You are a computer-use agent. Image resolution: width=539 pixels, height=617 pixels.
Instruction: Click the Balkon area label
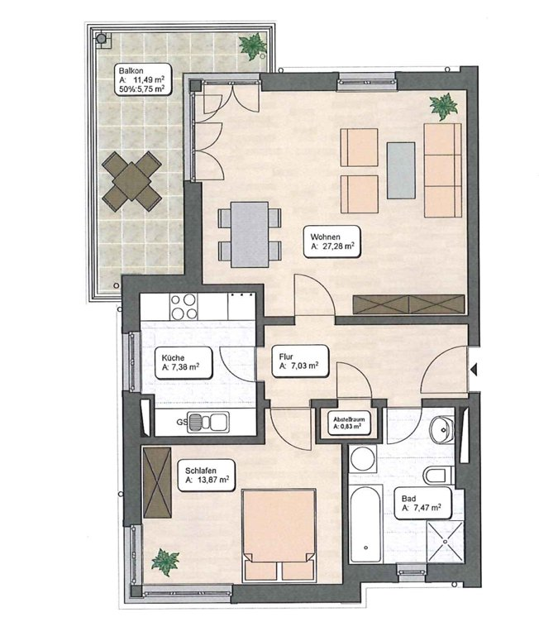click(142, 80)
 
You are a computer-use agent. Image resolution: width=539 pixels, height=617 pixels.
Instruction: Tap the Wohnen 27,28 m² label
click(332, 242)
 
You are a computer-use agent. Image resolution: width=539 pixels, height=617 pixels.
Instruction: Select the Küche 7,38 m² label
click(183, 363)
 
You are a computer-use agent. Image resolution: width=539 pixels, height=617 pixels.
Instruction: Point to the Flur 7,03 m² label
click(300, 361)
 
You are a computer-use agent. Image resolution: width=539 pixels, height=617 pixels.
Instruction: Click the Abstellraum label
click(349, 423)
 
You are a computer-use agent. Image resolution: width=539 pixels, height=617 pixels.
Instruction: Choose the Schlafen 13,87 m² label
click(207, 476)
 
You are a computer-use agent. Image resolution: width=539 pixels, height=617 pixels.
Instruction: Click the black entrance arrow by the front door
click(474, 370)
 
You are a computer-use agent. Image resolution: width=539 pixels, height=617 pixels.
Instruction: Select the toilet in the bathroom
click(439, 476)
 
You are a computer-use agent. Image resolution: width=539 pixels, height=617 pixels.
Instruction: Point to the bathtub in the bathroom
click(365, 524)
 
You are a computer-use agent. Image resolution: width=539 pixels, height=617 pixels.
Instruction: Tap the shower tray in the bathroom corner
click(446, 542)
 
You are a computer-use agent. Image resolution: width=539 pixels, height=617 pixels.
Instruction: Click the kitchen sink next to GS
click(207, 422)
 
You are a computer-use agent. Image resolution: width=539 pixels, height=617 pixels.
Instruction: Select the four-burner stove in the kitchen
click(184, 307)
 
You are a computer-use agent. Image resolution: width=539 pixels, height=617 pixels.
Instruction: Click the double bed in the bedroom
click(279, 534)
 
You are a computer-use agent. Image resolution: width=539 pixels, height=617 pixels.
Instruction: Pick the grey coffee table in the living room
click(401, 170)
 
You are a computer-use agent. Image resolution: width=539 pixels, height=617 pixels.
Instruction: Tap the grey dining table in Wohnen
click(250, 235)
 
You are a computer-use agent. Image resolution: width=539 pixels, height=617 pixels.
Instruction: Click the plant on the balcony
click(253, 45)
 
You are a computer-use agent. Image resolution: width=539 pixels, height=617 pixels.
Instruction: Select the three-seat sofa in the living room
click(442, 170)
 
